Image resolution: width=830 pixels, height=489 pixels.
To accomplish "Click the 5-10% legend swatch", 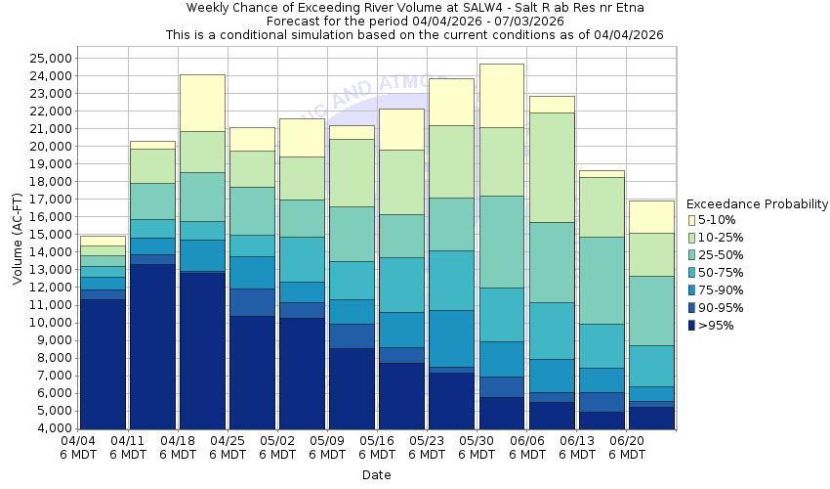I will pyautogui.click(x=692, y=220).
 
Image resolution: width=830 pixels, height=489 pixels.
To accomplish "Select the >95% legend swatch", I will pyautogui.click(x=692, y=326).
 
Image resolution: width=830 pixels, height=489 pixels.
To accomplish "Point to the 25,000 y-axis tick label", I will pyautogui.click(x=45, y=59).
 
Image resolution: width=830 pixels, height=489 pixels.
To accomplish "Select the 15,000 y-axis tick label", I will pyautogui.click(x=45, y=235).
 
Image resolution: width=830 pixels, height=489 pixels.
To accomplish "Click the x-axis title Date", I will pyautogui.click(x=376, y=475).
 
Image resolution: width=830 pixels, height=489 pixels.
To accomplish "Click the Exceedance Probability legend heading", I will pyautogui.click(x=757, y=204).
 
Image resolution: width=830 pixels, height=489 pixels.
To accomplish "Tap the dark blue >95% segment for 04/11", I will pyautogui.click(x=152, y=346).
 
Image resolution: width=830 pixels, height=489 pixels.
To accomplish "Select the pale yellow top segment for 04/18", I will pyautogui.click(x=202, y=103).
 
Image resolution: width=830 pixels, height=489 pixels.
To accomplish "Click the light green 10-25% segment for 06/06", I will pyautogui.click(x=552, y=167).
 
